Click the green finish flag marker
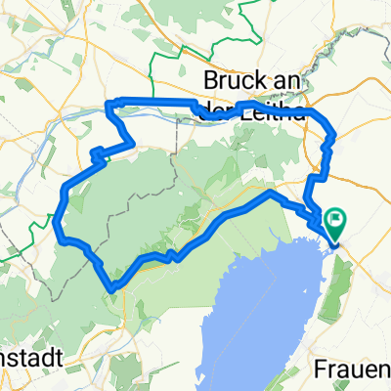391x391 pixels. coord(335,222)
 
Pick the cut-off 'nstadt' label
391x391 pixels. coord(31,359)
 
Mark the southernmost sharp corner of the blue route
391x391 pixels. coord(112,287)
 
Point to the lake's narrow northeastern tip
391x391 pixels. coord(325,228)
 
